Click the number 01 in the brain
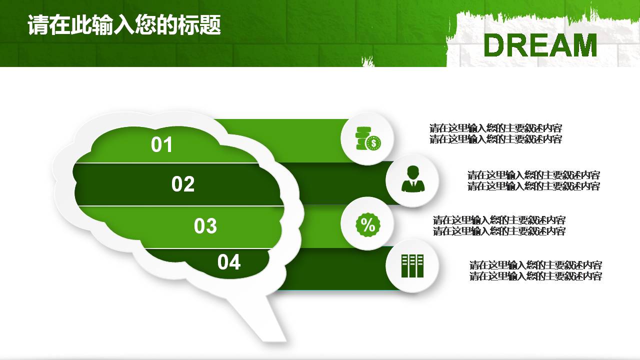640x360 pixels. [x=161, y=145]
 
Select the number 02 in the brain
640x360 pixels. [x=182, y=184]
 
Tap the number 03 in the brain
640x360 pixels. [x=205, y=226]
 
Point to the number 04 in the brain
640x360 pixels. [x=229, y=262]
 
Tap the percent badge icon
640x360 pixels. [x=367, y=225]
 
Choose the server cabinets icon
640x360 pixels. [x=412, y=265]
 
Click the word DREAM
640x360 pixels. [x=540, y=45]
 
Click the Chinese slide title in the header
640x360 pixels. [x=124, y=25]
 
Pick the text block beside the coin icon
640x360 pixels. [x=495, y=133]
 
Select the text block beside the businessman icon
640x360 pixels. [x=533, y=180]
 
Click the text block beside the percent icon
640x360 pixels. [x=499, y=225]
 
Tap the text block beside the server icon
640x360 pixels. [x=535, y=270]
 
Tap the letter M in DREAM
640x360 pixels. [x=582, y=45]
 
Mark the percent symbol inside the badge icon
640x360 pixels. [x=368, y=225]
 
